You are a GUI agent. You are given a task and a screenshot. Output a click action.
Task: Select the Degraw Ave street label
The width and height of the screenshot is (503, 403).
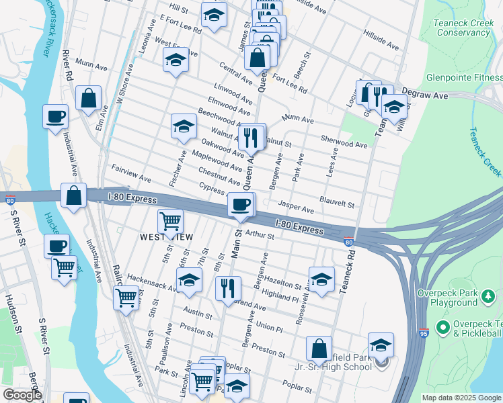click(424, 96)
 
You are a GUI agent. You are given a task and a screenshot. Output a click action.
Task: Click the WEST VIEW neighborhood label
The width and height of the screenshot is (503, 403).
click(166, 237)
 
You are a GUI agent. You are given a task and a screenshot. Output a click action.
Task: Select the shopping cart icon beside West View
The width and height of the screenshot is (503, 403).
click(171, 220)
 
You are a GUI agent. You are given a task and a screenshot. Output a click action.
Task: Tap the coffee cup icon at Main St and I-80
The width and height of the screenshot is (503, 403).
click(241, 204)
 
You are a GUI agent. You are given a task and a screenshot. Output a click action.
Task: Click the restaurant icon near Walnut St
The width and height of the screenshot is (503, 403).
click(251, 137)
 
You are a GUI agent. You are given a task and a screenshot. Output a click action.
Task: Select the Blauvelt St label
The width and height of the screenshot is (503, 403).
click(337, 202)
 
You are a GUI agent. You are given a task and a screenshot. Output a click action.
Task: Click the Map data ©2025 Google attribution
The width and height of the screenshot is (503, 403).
click(461, 398)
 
